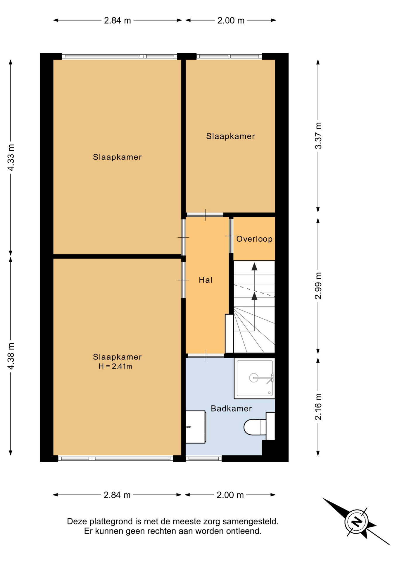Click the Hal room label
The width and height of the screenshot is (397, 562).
(x=205, y=280)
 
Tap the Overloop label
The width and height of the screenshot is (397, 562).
(x=254, y=239)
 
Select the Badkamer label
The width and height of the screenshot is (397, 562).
(x=231, y=409)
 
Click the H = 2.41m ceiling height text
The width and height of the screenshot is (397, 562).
(x=115, y=366)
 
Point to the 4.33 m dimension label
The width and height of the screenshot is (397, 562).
(x=11, y=157)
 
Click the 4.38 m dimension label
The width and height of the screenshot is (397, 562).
(x=11, y=356)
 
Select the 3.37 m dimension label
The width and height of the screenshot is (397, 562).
(x=318, y=136)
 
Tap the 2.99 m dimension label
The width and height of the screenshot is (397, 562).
(x=318, y=286)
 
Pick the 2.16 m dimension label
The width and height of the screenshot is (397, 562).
(x=318, y=407)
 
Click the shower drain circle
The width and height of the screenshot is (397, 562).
(x=253, y=378)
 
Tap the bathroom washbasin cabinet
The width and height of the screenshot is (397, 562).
(x=196, y=427)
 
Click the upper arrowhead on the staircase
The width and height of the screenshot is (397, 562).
(x=254, y=266)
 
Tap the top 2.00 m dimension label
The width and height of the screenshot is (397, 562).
(x=231, y=20)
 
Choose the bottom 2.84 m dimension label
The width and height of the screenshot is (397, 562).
(x=117, y=495)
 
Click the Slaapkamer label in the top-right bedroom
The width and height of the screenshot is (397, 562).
(x=230, y=136)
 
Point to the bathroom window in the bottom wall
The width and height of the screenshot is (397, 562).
(x=204, y=458)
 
